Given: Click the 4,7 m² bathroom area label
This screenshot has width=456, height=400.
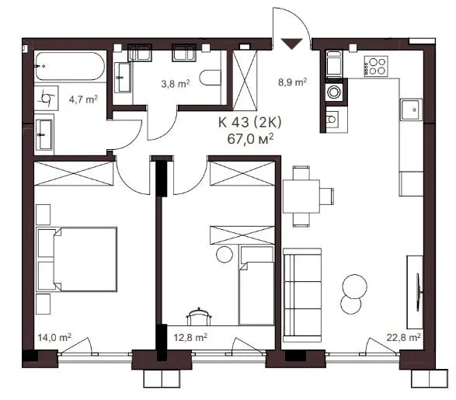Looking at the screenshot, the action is pos(83,99).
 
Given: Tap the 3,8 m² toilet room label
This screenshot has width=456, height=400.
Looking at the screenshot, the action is pos(176,84).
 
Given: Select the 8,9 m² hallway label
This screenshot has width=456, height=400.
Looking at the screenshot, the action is pos(292,82).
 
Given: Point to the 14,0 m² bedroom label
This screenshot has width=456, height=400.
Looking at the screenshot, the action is pos(54,338).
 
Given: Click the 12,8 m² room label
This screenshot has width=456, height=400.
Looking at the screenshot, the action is pos(190,338).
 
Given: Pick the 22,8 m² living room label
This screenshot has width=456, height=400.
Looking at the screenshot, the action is pos(404,338).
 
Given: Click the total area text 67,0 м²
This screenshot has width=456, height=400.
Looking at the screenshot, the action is pos(250,139).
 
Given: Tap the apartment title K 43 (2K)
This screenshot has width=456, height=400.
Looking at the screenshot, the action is pos(250,123).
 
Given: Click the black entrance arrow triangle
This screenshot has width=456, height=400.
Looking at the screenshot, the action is pos(292,43).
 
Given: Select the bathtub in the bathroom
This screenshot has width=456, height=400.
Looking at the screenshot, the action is pos(70,66).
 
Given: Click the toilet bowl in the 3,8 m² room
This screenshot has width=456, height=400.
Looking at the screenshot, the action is pos(211,78).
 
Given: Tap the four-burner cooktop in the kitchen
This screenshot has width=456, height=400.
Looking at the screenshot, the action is pos(376,66).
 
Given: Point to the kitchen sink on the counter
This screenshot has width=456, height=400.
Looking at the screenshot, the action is pos(411,110).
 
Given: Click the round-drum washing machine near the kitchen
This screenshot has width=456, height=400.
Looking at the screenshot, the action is pos(334,92).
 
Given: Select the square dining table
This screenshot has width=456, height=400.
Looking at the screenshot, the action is pos(301,197).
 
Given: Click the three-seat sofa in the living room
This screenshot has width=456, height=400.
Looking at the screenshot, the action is pos(302,295).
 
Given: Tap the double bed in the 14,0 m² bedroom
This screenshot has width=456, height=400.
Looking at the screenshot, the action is pos(77,259).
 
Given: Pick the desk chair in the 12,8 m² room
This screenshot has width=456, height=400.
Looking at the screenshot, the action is pos(199,316).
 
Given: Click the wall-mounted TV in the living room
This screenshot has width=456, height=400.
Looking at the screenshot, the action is pos(419,292).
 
